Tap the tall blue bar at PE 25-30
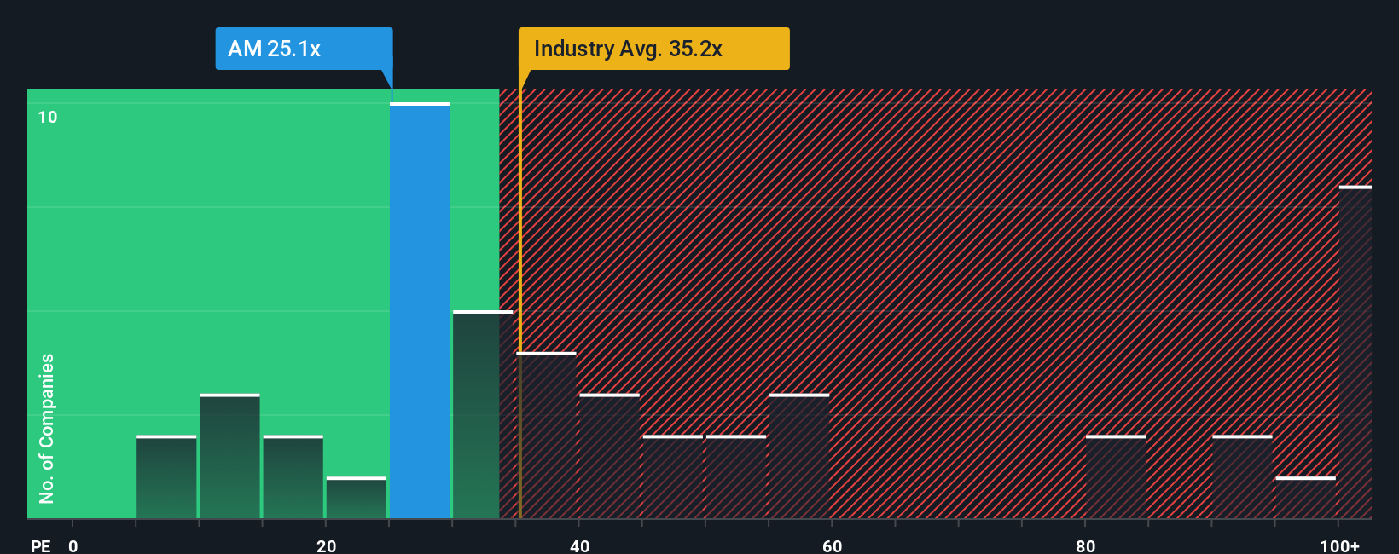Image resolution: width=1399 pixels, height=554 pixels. pyautogui.click(x=420, y=311)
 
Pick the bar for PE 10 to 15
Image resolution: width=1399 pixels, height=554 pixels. pyautogui.click(x=229, y=457)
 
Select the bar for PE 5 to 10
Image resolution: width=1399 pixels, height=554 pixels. pyautogui.click(x=166, y=477)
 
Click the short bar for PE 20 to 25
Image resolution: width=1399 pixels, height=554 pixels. pyautogui.click(x=357, y=498)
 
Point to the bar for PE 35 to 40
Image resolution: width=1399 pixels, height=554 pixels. pyautogui.click(x=546, y=436)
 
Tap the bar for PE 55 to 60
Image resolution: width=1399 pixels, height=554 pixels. pyautogui.click(x=799, y=457)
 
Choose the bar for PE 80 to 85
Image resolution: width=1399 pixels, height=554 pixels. pyautogui.click(x=1116, y=477)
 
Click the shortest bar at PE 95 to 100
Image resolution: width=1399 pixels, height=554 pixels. pyautogui.click(x=1305, y=498)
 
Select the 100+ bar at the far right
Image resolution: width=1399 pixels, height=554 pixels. pyautogui.click(x=1355, y=353)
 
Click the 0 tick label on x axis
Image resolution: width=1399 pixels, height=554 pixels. pyautogui.click(x=73, y=545)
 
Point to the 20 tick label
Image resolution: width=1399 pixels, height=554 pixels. pyautogui.click(x=326, y=545)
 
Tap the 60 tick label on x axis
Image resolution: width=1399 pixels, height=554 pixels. pyautogui.click(x=832, y=545)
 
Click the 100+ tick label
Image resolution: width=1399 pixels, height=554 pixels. pyautogui.click(x=1339, y=545)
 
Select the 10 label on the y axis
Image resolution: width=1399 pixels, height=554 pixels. pyautogui.click(x=48, y=117)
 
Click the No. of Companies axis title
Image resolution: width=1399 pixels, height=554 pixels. pyautogui.click(x=47, y=428)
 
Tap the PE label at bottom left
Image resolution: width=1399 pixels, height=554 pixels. pyautogui.click(x=41, y=545)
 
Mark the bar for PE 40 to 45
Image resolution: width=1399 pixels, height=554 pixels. pyautogui.click(x=609, y=457)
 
